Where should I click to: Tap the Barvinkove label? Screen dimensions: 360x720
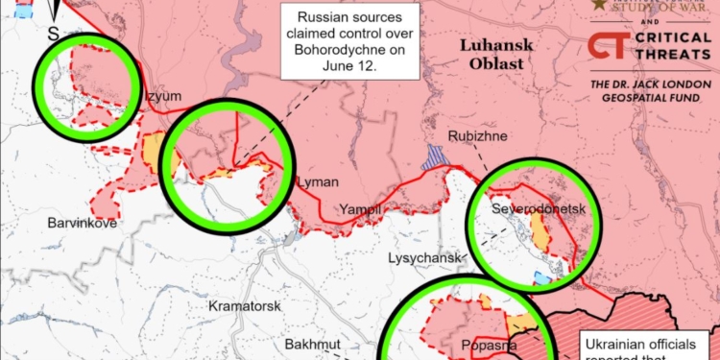click(82, 223)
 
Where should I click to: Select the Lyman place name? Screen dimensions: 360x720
click(318, 181)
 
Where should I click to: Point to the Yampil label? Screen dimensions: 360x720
click(362, 209)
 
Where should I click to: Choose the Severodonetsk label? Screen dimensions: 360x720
click(532, 208)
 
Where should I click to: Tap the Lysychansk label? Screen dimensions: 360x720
click(426, 258)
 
